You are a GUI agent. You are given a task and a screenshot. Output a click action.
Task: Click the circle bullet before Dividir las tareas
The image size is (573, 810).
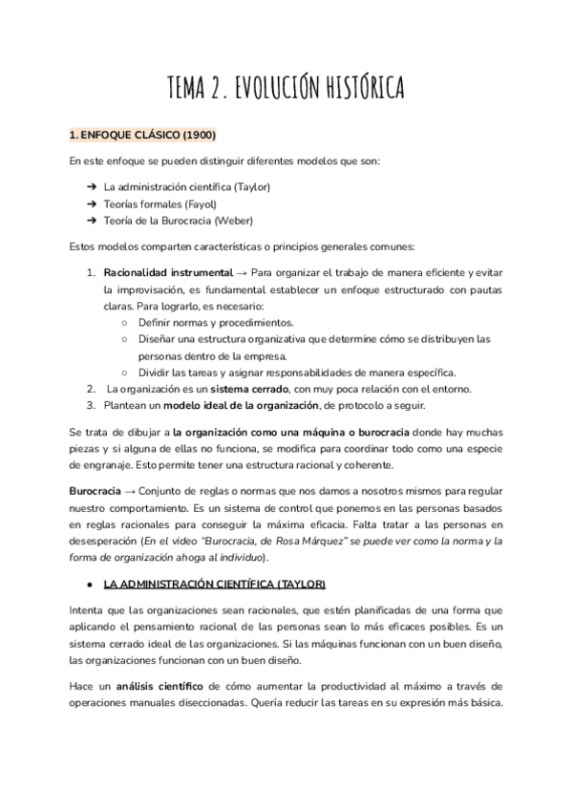pyautogui.click(x=125, y=372)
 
